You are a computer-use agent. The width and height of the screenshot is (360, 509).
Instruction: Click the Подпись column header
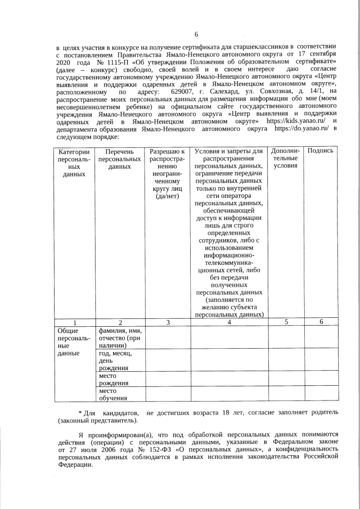pyautogui.click(x=321, y=151)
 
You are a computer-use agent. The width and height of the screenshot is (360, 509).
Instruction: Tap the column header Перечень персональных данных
pyautogui.click(x=119, y=159)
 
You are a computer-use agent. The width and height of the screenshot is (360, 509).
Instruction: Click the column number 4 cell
pyautogui.click(x=229, y=322)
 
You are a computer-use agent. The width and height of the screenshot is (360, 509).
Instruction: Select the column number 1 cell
pyautogui.click(x=74, y=322)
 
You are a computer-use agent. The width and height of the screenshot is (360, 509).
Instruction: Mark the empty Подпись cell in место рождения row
pyautogui.click(x=321, y=379)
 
